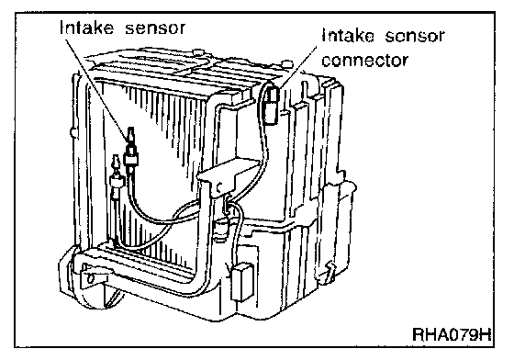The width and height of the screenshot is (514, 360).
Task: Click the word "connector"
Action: pyautogui.click(x=364, y=61)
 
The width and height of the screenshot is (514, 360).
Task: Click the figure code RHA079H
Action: pyautogui.click(x=452, y=334)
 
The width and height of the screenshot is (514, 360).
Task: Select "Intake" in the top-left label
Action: pyautogui.click(x=87, y=28)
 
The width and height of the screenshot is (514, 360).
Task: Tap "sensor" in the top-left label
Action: pyautogui.click(x=155, y=28)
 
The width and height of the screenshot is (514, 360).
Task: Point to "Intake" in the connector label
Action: pyautogui.click(x=348, y=35)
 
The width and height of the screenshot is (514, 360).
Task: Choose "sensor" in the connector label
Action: pyautogui.click(x=415, y=36)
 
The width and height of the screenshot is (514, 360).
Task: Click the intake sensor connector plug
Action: pyautogui.click(x=272, y=106)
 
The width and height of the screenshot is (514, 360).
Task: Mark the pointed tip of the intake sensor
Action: pyautogui.click(x=130, y=128)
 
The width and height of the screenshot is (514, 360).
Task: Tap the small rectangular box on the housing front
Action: pyautogui.click(x=241, y=282)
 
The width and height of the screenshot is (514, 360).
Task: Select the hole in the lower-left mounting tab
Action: pyautogui.click(x=92, y=278)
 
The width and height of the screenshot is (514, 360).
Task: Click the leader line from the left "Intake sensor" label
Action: pyautogui.click(x=96, y=87)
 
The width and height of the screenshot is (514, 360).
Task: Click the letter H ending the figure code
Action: pyautogui.click(x=486, y=334)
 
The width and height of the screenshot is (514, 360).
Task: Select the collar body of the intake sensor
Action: pyautogui.click(x=131, y=160)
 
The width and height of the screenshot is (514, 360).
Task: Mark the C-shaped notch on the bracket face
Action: pyautogui.click(x=219, y=186)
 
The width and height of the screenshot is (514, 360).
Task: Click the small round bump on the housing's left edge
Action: pyautogui.click(x=73, y=132)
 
